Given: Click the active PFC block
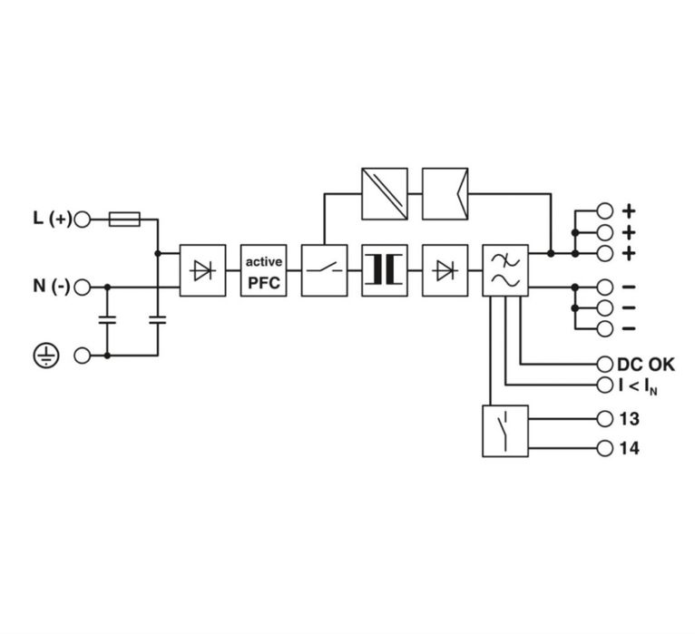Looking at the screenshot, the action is [263, 270].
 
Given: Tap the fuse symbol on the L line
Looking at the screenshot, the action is [124, 219].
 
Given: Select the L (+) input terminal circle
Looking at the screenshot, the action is [82, 219].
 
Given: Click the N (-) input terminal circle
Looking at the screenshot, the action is [82, 288].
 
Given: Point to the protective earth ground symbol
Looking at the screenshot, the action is [46, 356].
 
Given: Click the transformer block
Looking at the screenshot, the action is [385, 270].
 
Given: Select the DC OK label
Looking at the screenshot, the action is [646, 365].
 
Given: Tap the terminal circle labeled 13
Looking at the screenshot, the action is [604, 419].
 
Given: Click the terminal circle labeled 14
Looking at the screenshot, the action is [604, 448].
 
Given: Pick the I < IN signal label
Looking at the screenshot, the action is [638, 385].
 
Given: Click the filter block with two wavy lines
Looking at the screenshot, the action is [505, 270].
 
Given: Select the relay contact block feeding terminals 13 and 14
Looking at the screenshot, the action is [505, 431].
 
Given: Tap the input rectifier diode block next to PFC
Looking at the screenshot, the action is [202, 270].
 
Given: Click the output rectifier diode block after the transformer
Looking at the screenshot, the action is [445, 270].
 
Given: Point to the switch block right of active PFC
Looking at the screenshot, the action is [324, 270].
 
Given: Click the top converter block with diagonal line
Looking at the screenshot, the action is [385, 193].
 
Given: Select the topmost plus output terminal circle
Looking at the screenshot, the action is [604, 211].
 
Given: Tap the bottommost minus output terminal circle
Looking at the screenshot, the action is [604, 328].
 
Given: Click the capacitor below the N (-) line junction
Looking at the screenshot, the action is [107, 320].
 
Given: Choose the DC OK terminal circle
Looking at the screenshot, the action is [604, 365].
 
